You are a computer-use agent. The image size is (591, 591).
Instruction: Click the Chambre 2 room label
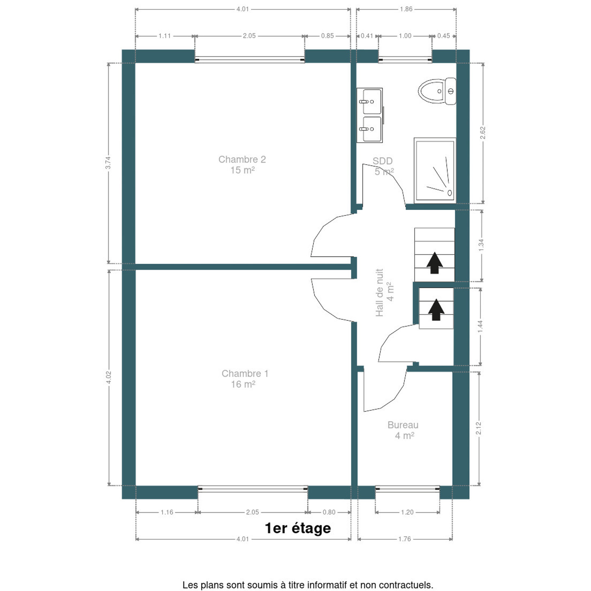click(x=242, y=165)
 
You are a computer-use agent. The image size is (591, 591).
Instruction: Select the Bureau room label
click(x=403, y=430)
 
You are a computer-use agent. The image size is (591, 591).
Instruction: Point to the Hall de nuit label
click(x=384, y=292)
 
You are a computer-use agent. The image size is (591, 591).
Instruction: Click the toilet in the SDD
click(x=437, y=91)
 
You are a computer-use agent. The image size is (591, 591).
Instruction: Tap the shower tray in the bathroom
click(x=435, y=170)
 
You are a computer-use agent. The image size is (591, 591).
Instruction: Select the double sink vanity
click(x=370, y=115)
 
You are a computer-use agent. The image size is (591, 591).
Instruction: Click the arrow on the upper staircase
click(x=435, y=263)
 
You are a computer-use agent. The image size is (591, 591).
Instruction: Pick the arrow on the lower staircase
click(x=436, y=310)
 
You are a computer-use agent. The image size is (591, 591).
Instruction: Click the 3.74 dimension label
click(x=108, y=163)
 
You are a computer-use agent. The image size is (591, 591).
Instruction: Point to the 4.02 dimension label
click(x=109, y=377)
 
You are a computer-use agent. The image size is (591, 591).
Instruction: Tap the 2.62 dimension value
click(x=482, y=133)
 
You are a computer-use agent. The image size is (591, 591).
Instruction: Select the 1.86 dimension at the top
click(x=406, y=9)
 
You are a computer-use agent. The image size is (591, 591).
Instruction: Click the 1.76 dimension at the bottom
click(x=405, y=538)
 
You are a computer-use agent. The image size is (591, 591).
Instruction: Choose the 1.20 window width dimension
click(x=407, y=512)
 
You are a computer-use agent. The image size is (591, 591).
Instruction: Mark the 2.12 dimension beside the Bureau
click(x=479, y=428)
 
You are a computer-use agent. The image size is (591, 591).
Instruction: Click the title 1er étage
click(x=298, y=528)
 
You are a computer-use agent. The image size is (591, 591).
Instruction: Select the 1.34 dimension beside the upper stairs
click(x=481, y=245)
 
